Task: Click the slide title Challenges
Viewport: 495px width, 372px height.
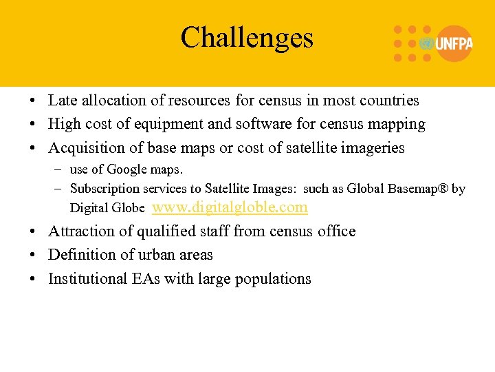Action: [247, 37]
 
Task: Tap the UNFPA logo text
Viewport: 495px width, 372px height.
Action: [454, 43]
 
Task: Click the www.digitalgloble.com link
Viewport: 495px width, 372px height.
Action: [229, 207]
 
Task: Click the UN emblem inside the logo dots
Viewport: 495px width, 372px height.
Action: [426, 43]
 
